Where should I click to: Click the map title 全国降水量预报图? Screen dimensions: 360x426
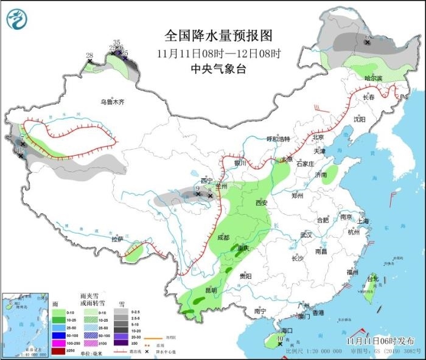pos(218,35)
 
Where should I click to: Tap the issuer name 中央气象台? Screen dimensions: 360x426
pos(218,69)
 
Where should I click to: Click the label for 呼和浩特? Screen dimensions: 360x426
pos(281,139)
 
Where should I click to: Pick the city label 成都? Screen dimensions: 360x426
pos(223,238)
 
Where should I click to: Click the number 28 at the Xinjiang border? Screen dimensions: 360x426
pos(89,56)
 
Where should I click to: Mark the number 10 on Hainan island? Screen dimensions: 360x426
pos(280,339)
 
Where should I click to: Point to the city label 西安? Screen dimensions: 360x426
pos(262,202)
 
